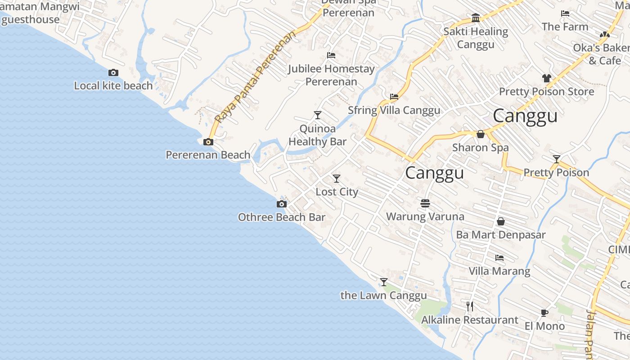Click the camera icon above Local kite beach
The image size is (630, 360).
pos(113,72)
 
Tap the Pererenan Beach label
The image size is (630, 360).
pos(208,155)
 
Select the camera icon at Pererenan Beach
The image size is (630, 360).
pos(208,142)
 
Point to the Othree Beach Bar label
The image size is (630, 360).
pos(281,217)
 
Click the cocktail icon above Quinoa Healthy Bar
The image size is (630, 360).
pos(318,115)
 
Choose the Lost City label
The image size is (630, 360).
pos(337,192)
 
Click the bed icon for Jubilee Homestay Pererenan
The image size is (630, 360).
pos(331,55)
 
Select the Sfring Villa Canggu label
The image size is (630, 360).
pos(394,110)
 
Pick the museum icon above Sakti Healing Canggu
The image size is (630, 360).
pos(476,18)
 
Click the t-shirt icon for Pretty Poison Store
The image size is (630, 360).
pos(547,78)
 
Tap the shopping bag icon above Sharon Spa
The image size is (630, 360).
pos(481,134)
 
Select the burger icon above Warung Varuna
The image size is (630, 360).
pos(425,203)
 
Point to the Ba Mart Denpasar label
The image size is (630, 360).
pos(500,235)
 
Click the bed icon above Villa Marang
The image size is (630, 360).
pos(499,258)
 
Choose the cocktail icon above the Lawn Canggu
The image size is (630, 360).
pos(384,282)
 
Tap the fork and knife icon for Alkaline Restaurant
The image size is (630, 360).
pos(470,306)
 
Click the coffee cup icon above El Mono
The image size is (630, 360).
pos(544,313)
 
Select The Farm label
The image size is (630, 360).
pos(565,27)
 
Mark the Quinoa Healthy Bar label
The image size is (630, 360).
pos(317,135)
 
